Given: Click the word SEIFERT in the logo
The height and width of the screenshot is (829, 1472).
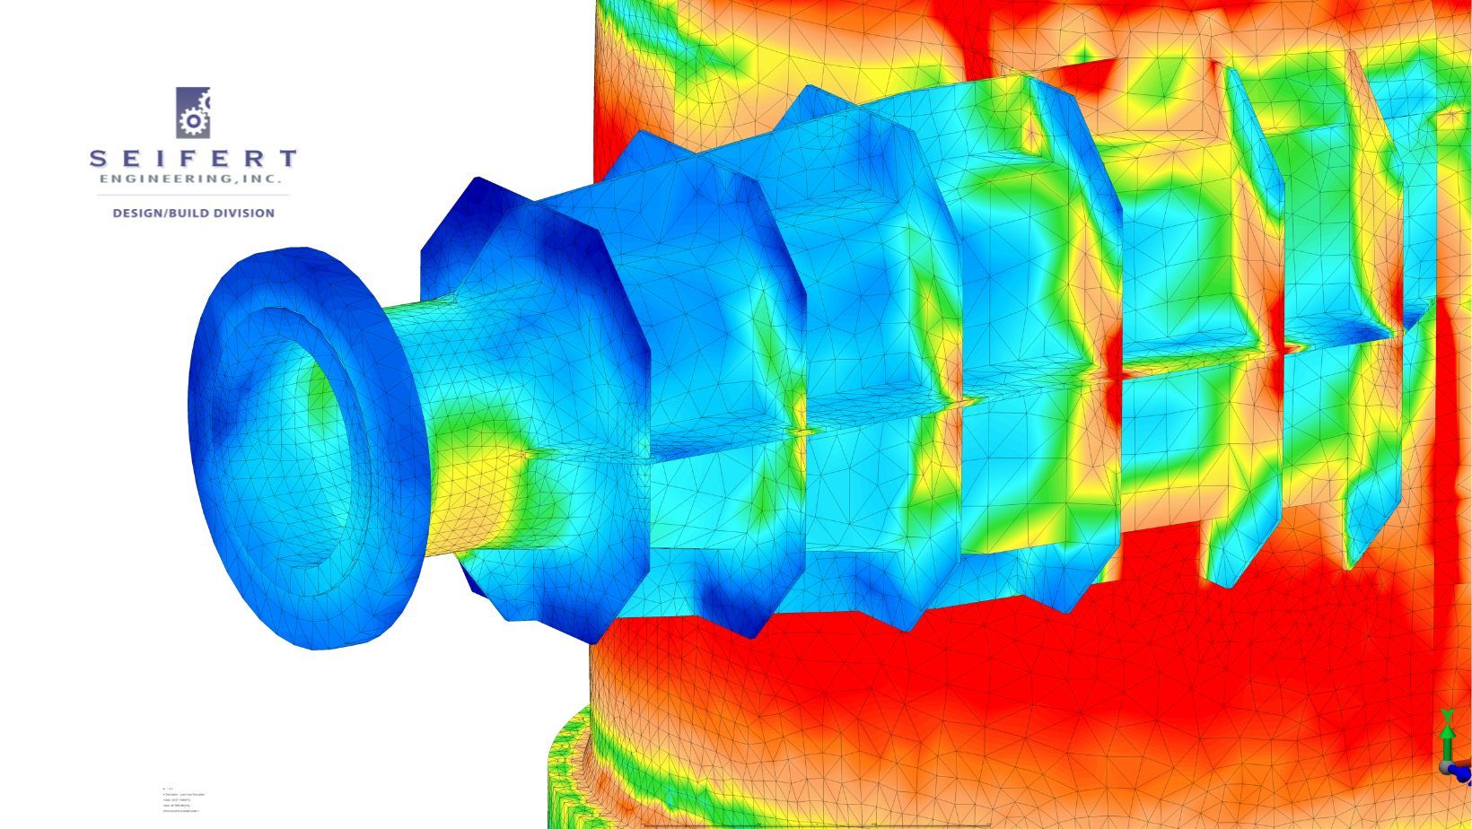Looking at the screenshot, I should click(x=193, y=159).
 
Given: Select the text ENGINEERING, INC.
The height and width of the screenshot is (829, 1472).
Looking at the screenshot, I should click(x=193, y=179).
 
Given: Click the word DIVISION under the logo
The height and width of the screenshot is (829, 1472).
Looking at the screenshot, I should click(x=243, y=214).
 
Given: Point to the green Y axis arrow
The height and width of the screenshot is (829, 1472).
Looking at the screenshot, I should click(x=1447, y=739).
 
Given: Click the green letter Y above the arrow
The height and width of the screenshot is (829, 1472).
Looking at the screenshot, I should click(x=1447, y=715).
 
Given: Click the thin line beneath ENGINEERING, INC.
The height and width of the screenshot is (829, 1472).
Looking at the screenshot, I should click(x=193, y=195).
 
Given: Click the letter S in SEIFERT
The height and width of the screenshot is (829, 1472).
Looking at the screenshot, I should click(x=98, y=159).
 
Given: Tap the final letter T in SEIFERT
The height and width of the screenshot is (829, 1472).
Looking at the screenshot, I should click(x=287, y=159).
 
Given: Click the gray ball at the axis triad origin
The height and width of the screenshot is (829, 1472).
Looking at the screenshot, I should click(x=1446, y=767).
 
